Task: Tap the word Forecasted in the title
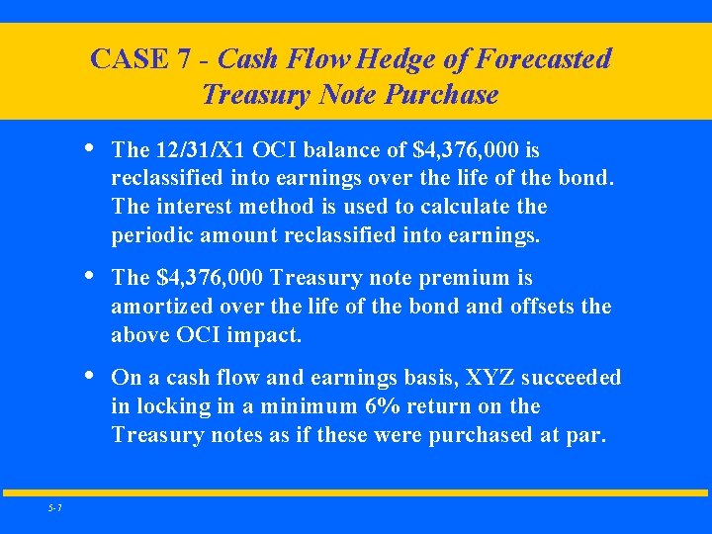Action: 543,59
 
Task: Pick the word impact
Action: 264,335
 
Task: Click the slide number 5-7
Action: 54,508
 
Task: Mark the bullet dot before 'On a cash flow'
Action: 91,376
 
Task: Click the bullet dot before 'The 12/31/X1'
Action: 91,148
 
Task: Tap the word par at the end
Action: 585,435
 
